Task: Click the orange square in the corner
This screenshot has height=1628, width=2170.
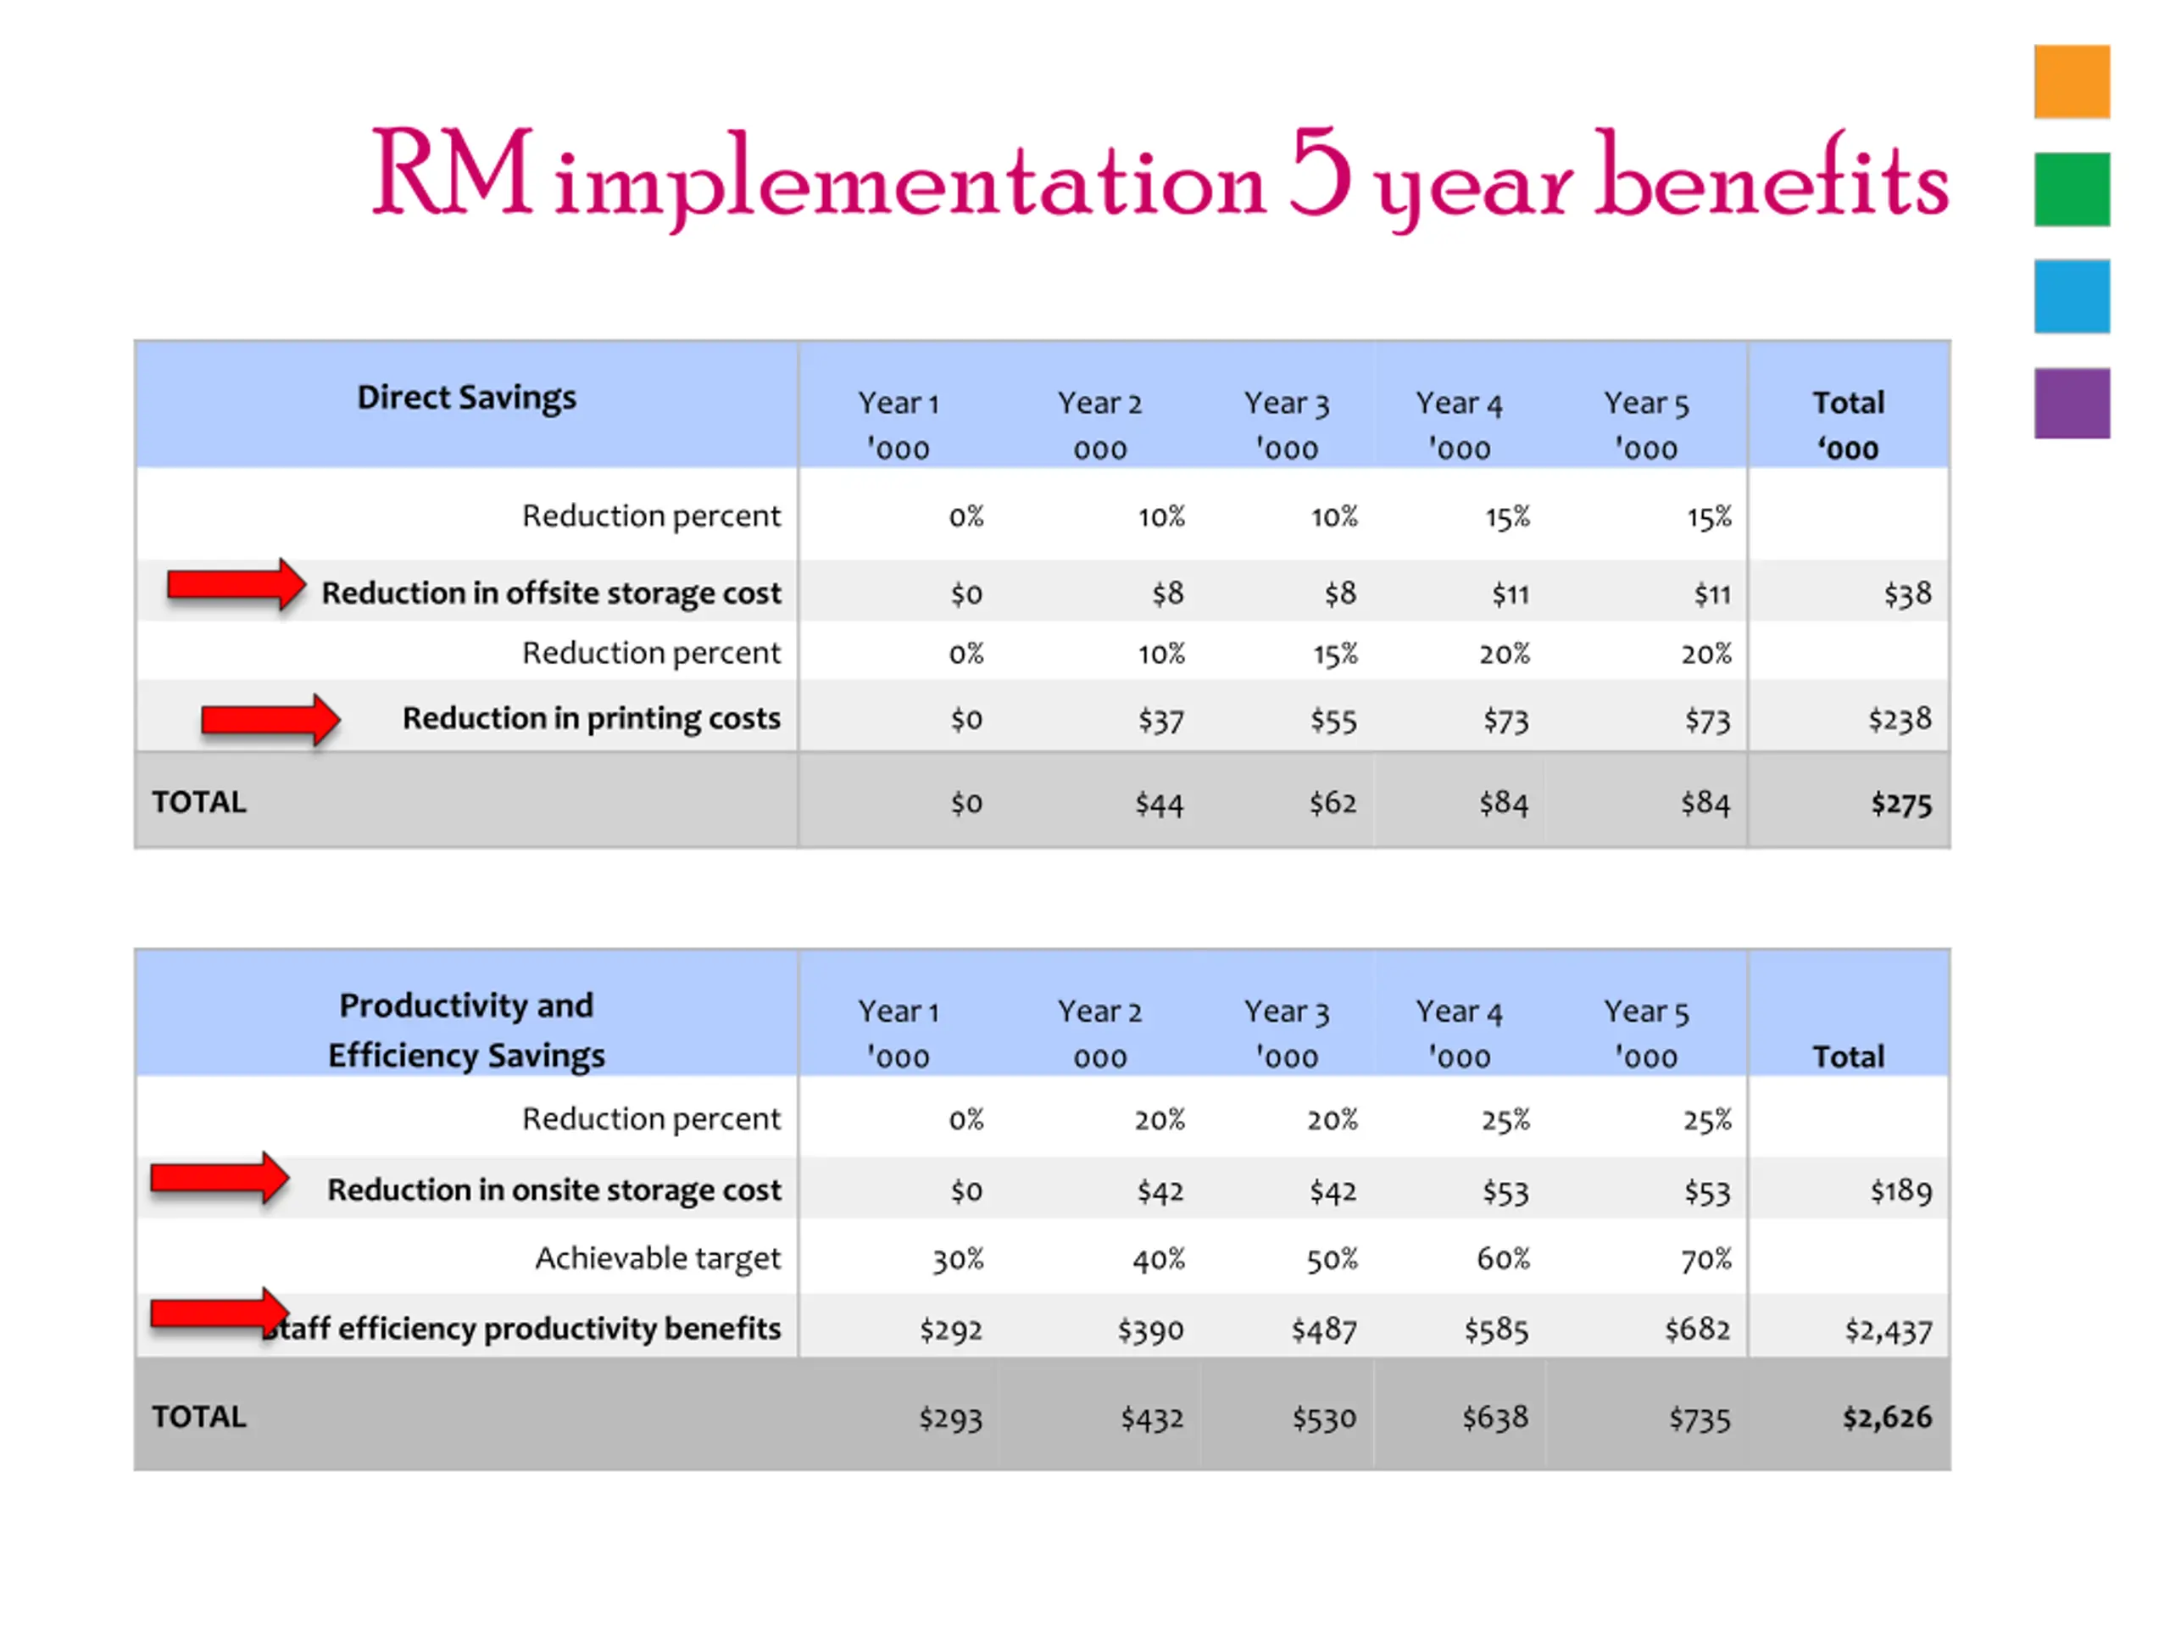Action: click(2071, 81)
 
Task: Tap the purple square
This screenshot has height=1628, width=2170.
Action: click(2071, 404)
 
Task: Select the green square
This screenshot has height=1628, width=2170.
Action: click(2071, 189)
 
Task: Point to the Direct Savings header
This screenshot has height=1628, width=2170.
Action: click(466, 398)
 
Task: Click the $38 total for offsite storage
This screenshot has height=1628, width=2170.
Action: click(1906, 594)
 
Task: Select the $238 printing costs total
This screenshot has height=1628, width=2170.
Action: click(1900, 719)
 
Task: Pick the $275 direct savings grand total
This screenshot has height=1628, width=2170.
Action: click(1900, 804)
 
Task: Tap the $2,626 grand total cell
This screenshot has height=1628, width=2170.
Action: click(1887, 1417)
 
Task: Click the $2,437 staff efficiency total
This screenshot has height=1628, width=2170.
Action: click(1888, 1330)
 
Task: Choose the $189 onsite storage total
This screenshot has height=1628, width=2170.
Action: click(1900, 1190)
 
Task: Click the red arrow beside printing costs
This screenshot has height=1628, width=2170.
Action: click(270, 720)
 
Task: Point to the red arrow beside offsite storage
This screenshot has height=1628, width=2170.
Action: click(236, 586)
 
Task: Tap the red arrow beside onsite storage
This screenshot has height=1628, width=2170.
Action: click(219, 1178)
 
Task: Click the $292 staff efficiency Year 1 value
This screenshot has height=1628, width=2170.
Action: click(949, 1330)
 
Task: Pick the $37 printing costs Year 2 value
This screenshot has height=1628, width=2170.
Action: click(1160, 720)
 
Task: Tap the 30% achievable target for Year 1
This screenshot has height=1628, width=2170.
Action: click(958, 1259)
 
